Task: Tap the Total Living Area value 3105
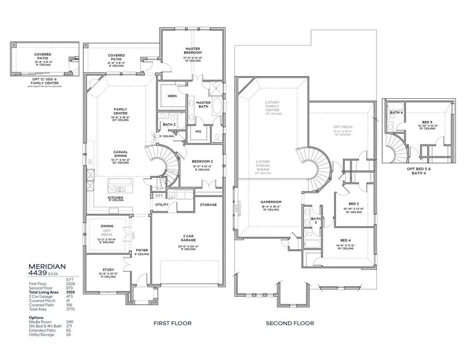71,294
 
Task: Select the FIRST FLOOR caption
172,323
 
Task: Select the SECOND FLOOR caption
289,323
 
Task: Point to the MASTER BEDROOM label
193,50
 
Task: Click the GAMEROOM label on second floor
271,203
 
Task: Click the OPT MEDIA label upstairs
342,126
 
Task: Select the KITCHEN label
115,197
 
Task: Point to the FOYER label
142,250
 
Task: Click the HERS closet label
172,96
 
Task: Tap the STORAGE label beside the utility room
208,205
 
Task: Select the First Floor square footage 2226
71,284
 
